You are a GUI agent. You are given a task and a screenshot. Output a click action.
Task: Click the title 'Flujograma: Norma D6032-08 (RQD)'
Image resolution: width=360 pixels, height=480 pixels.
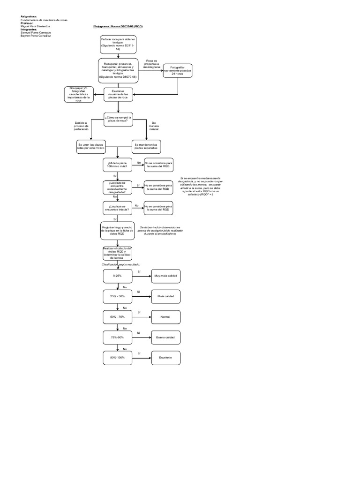(x=118, y=27)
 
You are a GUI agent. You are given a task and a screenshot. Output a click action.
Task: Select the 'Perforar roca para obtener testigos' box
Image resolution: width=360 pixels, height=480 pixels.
(x=118, y=44)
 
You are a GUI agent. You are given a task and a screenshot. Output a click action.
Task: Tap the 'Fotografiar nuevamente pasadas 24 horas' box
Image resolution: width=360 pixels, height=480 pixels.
(x=178, y=71)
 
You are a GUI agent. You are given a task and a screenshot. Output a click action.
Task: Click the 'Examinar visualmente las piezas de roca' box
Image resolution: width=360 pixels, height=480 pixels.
(x=118, y=95)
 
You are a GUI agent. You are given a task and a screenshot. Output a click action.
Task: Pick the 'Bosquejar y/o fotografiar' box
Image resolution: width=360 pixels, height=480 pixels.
(x=78, y=95)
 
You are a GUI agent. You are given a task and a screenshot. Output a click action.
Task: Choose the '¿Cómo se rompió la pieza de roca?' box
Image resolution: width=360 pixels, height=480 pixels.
(x=118, y=120)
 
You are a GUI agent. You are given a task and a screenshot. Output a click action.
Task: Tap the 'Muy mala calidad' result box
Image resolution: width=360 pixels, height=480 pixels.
(x=165, y=277)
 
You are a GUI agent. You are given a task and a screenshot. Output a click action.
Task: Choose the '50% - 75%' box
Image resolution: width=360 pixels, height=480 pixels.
(x=118, y=317)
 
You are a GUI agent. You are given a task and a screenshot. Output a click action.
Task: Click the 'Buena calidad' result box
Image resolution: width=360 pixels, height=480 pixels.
(x=165, y=337)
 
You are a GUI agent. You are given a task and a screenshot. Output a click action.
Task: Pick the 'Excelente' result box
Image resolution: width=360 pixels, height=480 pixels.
(x=165, y=358)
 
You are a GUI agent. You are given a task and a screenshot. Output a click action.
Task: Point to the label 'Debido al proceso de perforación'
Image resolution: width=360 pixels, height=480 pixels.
(x=81, y=126)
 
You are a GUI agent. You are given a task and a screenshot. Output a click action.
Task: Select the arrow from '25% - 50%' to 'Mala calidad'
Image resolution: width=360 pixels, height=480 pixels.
(x=141, y=297)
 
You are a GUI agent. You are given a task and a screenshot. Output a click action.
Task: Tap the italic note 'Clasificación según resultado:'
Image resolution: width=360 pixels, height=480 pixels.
(x=121, y=264)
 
